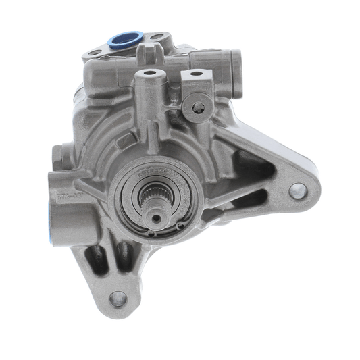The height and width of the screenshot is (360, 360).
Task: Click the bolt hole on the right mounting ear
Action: click(x=297, y=190)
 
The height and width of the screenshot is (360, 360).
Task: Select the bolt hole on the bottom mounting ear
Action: click(x=118, y=298)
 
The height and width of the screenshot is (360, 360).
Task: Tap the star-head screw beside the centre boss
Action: click(x=198, y=106)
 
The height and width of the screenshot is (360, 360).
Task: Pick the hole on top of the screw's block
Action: click(x=195, y=74)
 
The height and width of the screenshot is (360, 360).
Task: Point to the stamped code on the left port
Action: click(x=66, y=197)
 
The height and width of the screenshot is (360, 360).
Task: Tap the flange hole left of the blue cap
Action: click(x=95, y=52)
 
